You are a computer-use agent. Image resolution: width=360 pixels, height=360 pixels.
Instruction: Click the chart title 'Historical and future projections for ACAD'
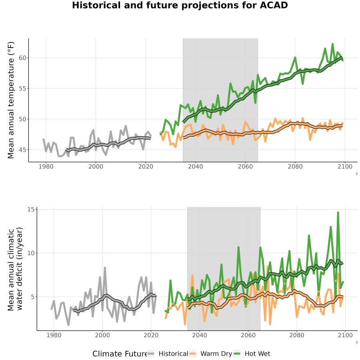[180, 5]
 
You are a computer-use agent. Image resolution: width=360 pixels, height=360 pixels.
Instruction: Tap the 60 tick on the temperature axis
[22, 58]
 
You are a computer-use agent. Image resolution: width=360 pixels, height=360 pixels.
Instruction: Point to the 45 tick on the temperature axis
[22, 150]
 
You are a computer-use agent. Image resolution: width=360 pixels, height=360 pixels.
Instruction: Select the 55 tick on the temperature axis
[22, 89]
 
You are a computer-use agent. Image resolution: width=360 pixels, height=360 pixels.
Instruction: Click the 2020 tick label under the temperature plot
[146, 166]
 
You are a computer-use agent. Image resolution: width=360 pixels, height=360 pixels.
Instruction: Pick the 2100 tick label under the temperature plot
[345, 166]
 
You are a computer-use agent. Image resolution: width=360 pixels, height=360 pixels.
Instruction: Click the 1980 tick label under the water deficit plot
[54, 335]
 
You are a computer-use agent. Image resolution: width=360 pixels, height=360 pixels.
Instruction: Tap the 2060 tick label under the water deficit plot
[248, 335]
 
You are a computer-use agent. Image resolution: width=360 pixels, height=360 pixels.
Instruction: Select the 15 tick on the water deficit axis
[31, 209]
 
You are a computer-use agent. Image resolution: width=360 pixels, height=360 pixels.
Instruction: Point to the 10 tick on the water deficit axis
[31, 253]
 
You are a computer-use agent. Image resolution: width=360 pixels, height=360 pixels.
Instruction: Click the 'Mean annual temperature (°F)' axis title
[11, 100]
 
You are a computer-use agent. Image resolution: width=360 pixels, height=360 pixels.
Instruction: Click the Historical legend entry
[167, 354]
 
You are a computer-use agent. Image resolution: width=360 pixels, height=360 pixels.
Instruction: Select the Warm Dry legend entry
[210, 354]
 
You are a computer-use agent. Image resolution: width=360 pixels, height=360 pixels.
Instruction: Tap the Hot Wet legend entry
[252, 354]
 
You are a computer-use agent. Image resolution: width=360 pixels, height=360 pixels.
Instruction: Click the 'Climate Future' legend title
[120, 354]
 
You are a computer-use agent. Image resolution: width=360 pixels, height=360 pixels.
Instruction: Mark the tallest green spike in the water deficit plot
[338, 213]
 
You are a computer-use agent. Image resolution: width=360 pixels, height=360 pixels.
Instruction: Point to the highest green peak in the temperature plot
[332, 44]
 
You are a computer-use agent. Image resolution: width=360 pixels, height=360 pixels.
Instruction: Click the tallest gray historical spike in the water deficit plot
[105, 268]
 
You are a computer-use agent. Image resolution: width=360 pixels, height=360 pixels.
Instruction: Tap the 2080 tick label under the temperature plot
[295, 166]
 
